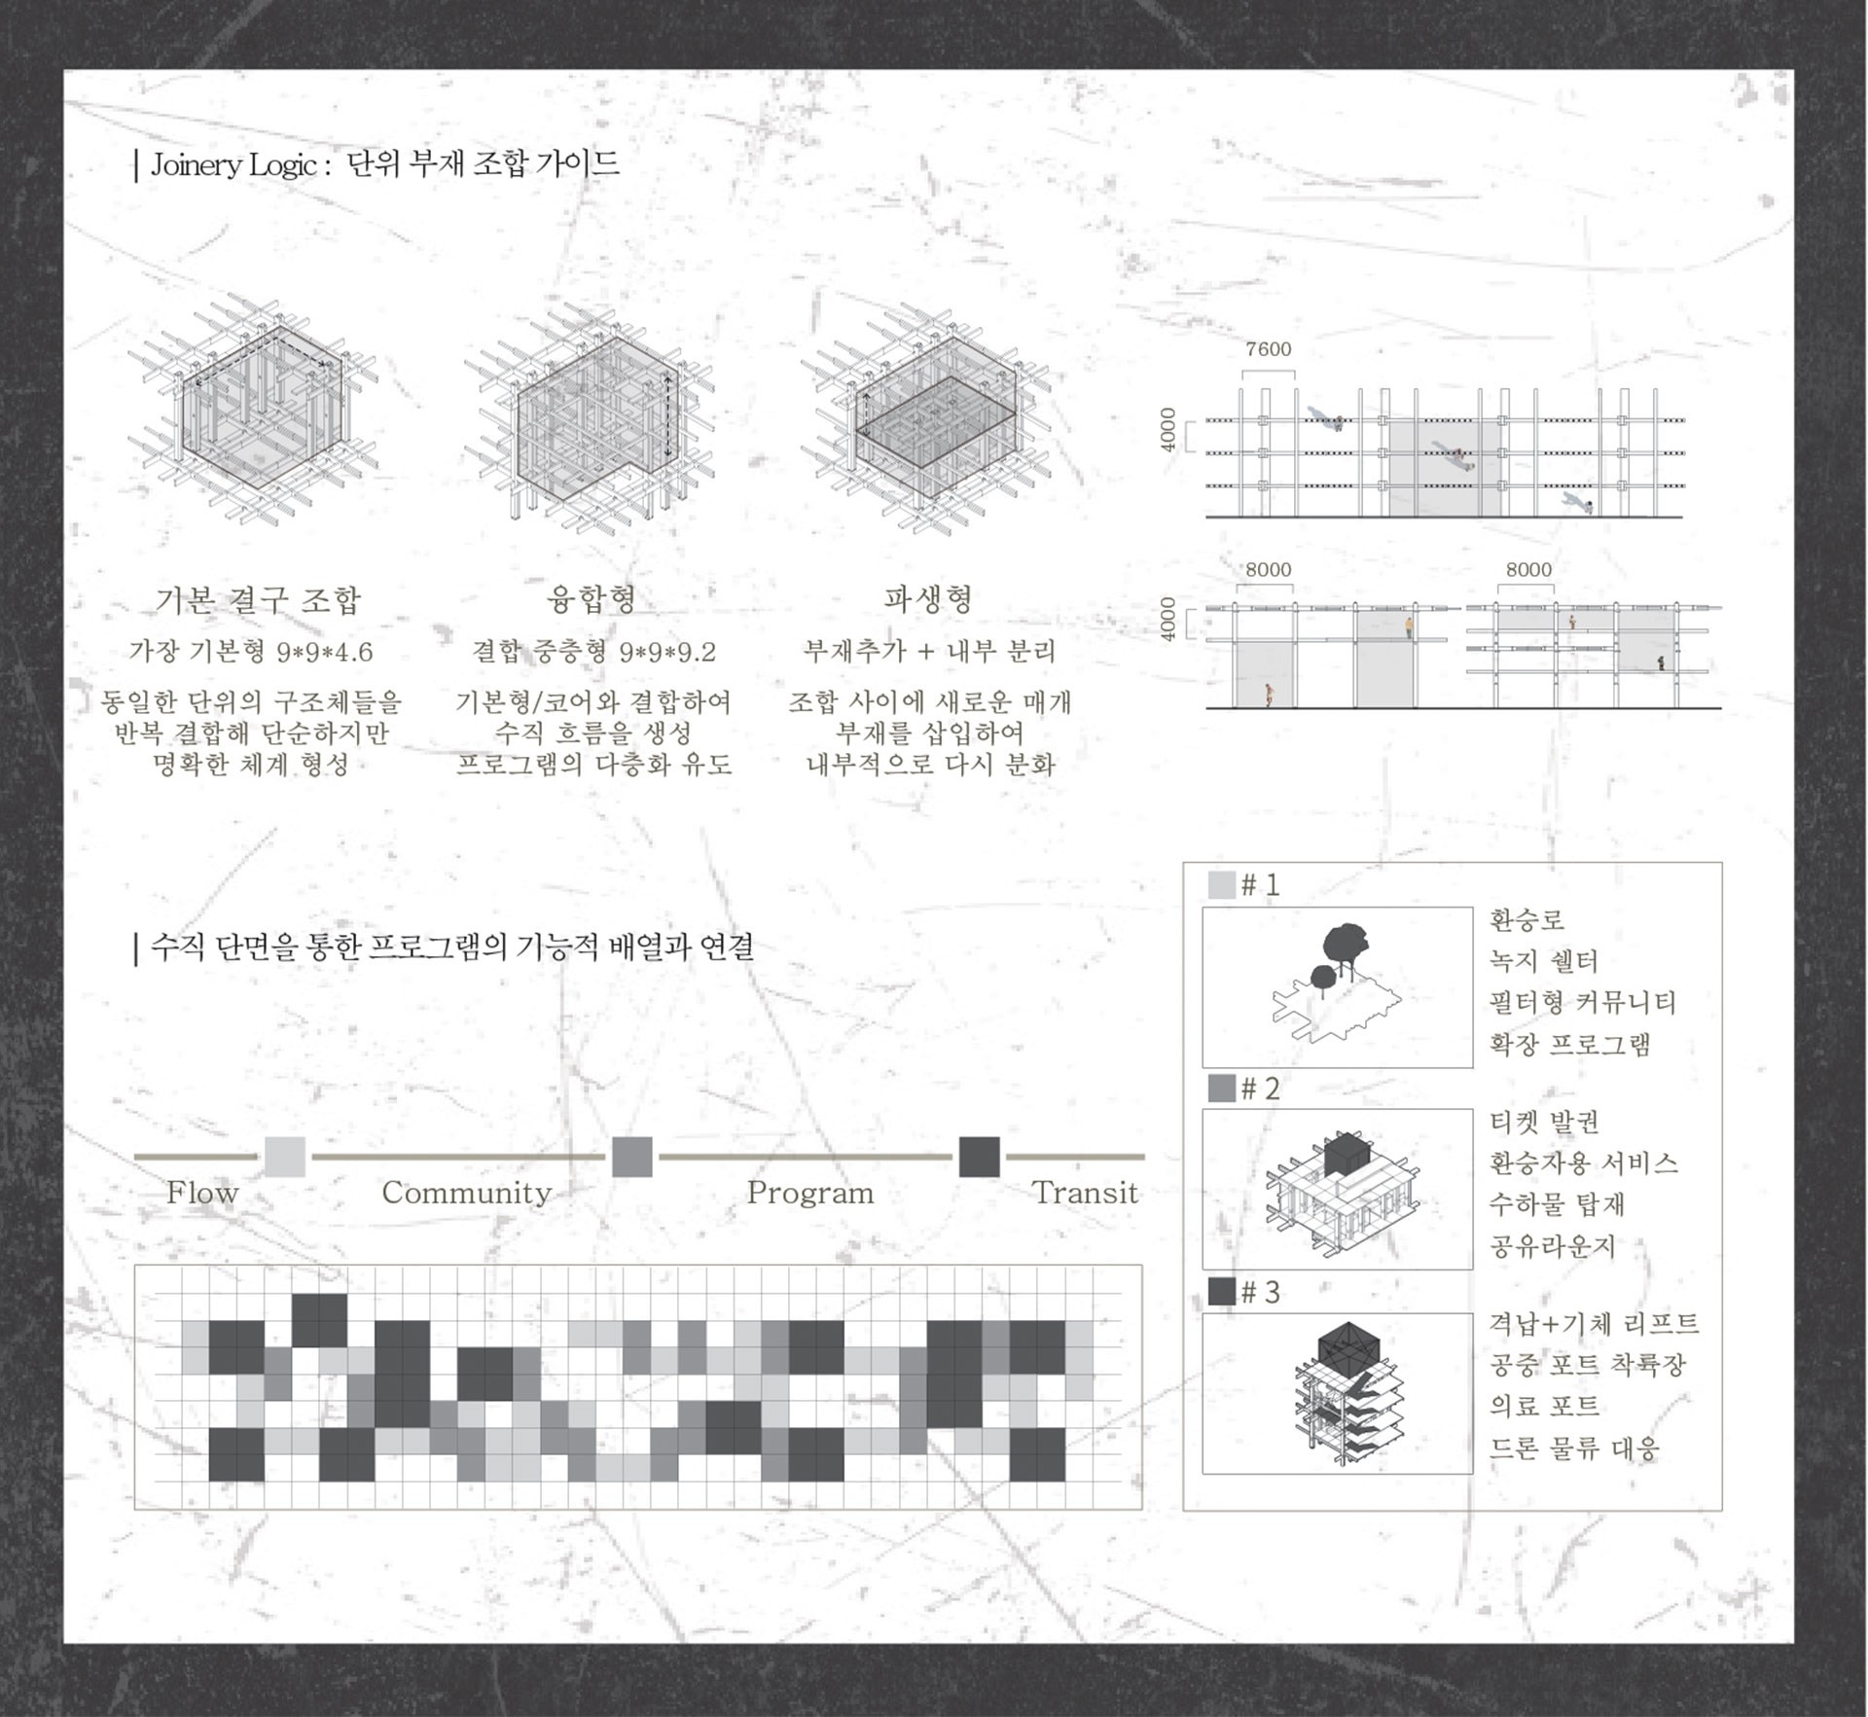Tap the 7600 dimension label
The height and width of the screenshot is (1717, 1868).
point(1269,349)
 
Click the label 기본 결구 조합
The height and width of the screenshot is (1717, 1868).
point(258,599)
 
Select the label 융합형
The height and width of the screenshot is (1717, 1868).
point(593,598)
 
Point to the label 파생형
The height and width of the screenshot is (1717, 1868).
point(928,598)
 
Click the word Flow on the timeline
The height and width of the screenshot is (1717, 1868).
point(202,1192)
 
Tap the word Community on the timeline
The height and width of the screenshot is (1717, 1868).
point(466,1193)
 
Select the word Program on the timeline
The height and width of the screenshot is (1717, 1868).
point(810,1193)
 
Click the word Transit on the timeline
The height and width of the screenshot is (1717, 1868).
point(1085,1192)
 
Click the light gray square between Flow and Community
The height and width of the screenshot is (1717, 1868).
point(285,1157)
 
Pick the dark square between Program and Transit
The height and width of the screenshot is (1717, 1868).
point(980,1157)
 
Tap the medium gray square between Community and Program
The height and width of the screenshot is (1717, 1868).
point(632,1157)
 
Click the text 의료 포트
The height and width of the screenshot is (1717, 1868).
point(1545,1406)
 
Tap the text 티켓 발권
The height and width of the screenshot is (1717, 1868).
point(1545,1122)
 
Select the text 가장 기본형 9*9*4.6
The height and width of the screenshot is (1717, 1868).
point(251,652)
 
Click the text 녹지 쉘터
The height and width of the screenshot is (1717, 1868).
point(1544,961)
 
